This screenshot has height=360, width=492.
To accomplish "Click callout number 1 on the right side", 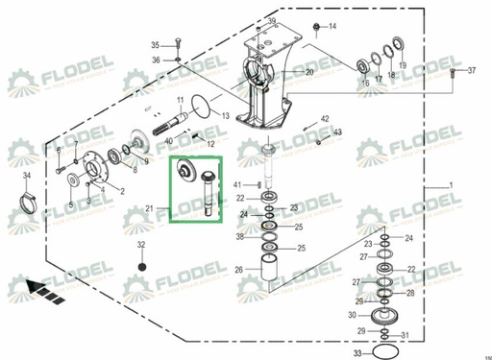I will tap(450, 183).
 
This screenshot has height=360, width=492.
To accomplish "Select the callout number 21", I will tap(149, 208).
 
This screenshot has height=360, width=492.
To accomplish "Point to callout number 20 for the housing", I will tap(309, 73).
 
